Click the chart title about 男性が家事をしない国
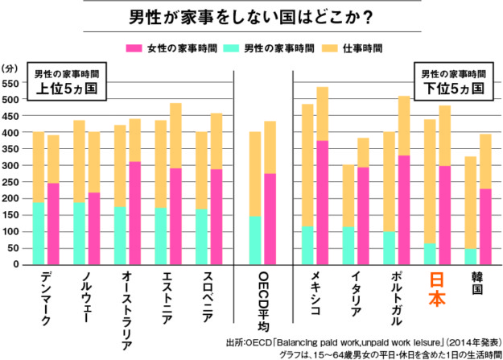point(251,17)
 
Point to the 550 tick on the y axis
point(14,84)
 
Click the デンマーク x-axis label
point(45,299)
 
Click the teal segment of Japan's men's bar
point(429,254)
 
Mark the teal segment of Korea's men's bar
point(470,256)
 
